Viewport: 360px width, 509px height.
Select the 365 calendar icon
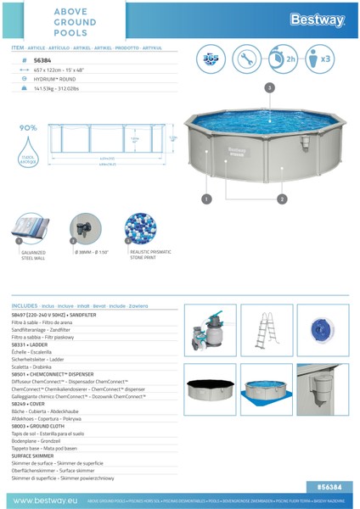tap(211, 60)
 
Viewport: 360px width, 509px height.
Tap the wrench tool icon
tap(250, 60)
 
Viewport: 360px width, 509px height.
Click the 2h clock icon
tap(288, 60)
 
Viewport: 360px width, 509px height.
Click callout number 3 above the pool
tap(269, 87)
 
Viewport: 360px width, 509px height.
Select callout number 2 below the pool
tap(281, 199)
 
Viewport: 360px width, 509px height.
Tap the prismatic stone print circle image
tap(140, 229)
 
